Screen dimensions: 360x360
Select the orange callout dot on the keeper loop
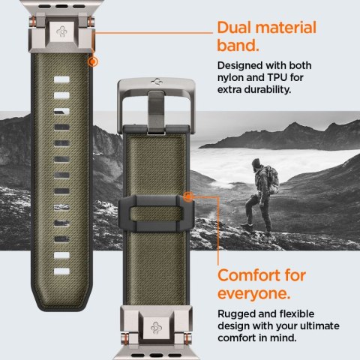coord(187,196)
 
